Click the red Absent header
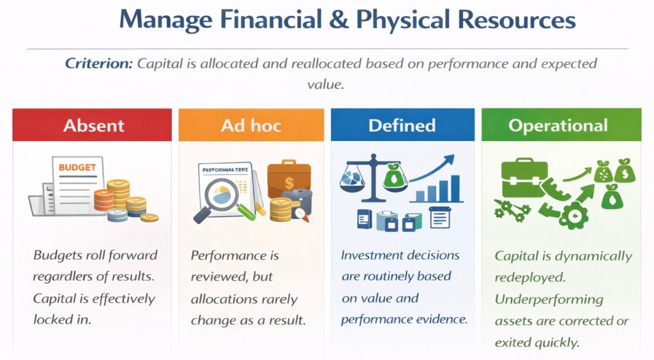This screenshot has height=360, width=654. tap(92, 125)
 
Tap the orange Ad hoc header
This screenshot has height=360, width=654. tap(251, 125)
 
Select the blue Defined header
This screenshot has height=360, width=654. tap(402, 125)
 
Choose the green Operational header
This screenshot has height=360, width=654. tap(561, 125)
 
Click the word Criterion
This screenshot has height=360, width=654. tap(99, 63)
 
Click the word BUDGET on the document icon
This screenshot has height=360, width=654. tap(77, 167)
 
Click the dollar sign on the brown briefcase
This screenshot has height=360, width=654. tap(289, 183)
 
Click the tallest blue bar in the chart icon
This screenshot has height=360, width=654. tap(455, 188)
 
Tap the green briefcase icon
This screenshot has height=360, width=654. tap(524, 177)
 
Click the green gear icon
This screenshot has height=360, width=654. tap(574, 215)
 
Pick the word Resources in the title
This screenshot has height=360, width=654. tap(517, 20)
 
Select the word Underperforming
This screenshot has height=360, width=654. tap(549, 299)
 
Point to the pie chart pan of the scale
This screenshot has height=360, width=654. tap(352, 180)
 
